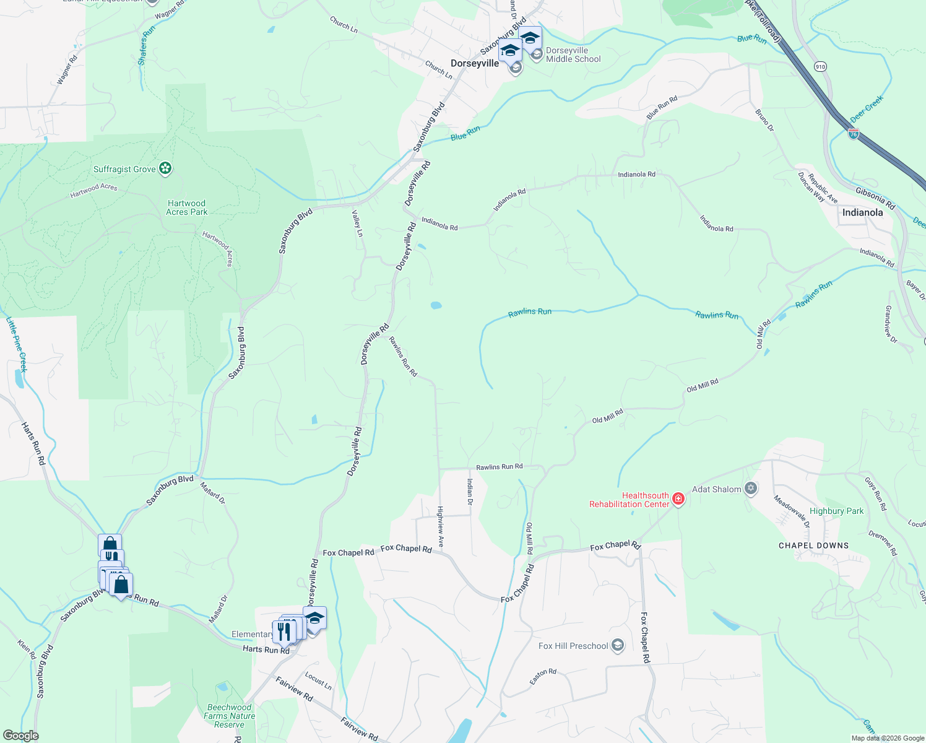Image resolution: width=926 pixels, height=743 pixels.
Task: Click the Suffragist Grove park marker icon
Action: click(165, 168)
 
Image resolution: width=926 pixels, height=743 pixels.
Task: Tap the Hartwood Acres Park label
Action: click(186, 207)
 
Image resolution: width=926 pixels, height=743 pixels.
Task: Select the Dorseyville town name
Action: click(475, 63)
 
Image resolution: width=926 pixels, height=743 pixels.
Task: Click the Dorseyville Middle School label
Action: click(573, 55)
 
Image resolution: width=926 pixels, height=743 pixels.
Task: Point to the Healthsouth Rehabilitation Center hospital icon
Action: click(678, 499)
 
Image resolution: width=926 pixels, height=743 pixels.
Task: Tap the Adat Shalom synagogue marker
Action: click(751, 489)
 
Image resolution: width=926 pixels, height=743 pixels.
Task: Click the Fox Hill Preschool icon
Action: click(617, 646)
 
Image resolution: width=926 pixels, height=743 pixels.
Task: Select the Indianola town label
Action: click(862, 212)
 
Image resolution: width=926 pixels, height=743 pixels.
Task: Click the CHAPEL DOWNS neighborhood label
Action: click(813, 545)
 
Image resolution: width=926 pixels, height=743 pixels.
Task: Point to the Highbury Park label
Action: click(836, 511)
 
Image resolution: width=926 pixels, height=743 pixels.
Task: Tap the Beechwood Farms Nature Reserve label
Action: click(230, 716)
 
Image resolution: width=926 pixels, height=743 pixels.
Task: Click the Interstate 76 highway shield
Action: click(854, 134)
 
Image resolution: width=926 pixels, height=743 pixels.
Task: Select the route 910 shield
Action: click(821, 66)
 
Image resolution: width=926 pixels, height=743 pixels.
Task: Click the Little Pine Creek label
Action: click(17, 344)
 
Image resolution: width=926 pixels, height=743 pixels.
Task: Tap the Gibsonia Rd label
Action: click(875, 199)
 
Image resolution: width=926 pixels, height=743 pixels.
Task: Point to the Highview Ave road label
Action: click(441, 527)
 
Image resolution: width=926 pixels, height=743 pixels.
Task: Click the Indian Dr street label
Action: click(470, 492)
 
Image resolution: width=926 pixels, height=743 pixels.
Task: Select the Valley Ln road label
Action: click(357, 224)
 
